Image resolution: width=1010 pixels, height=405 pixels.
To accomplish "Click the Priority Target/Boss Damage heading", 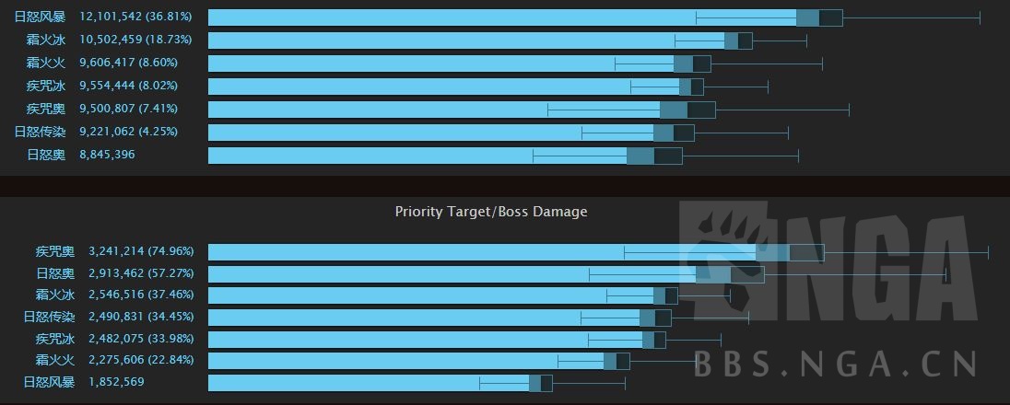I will [491, 212].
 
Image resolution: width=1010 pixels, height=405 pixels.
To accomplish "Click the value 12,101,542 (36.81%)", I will [136, 17].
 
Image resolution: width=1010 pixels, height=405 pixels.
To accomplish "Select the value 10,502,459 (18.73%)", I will [136, 40].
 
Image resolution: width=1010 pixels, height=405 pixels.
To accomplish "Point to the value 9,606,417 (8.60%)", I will [129, 63].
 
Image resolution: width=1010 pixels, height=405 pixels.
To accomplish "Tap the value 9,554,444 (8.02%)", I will [129, 86].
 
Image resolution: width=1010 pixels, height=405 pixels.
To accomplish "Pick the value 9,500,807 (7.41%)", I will [129, 109].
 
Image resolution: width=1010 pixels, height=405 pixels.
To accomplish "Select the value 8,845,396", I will [107, 155].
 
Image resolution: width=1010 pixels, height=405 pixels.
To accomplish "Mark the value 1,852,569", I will [116, 382].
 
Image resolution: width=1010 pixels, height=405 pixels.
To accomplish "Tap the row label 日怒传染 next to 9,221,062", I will [40, 132].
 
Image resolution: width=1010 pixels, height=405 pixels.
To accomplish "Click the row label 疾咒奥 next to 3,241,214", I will [55, 251].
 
